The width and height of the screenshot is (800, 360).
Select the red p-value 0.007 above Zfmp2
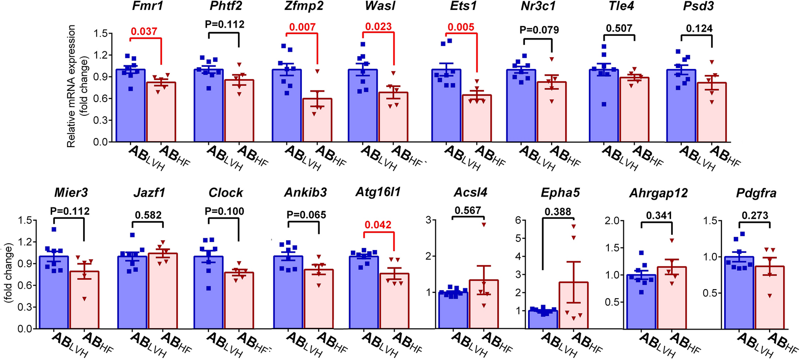click(x=302, y=27)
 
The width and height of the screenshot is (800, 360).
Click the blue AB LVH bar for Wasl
click(x=362, y=107)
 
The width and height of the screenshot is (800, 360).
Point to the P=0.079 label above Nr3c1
click(x=539, y=30)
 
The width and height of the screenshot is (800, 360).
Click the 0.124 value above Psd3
click(x=699, y=28)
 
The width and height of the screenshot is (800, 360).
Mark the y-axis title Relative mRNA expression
click(x=71, y=86)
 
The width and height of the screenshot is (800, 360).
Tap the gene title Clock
click(x=226, y=193)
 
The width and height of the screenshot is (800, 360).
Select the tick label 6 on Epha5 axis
click(x=518, y=220)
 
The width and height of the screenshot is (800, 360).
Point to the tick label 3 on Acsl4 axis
click(x=428, y=220)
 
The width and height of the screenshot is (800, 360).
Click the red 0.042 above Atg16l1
click(x=378, y=225)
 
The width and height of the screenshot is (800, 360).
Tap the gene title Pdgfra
click(x=756, y=193)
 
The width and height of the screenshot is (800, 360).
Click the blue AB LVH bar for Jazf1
click(x=133, y=293)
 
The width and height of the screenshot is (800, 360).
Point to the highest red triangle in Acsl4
click(x=484, y=224)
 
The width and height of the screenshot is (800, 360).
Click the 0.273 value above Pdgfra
click(x=755, y=215)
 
